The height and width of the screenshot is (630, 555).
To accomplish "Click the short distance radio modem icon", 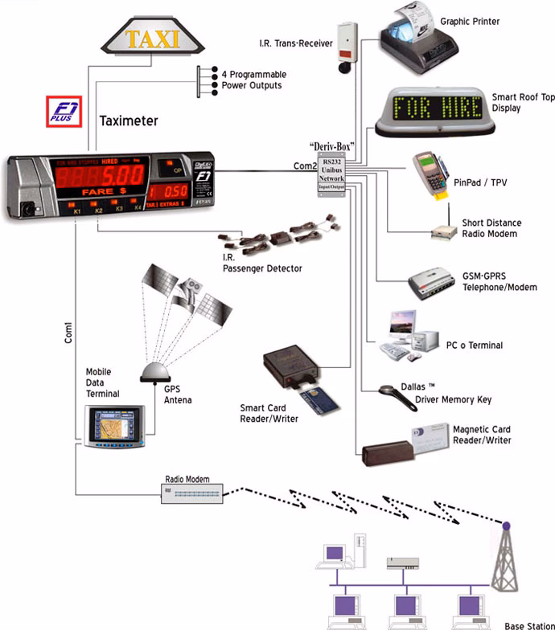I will tap(444, 231).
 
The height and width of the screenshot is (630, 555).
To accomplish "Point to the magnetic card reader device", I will tap(401, 446).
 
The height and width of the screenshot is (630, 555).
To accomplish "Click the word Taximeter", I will tap(129, 121).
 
